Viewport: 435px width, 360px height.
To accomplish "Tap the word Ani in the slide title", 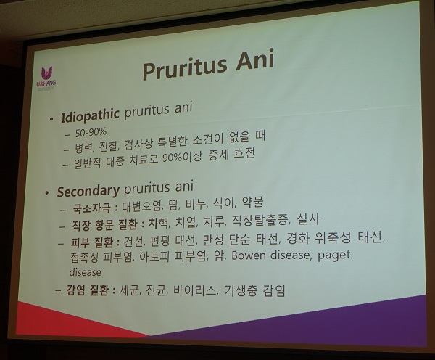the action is click(x=255, y=60).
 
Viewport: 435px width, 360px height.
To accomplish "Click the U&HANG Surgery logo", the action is click(x=46, y=78).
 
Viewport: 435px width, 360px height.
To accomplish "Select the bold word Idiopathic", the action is click(x=90, y=115).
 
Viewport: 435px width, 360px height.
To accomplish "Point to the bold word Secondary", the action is click(x=88, y=191).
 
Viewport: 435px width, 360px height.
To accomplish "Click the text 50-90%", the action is click(x=91, y=133).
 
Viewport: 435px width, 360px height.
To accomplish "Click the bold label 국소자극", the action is click(x=91, y=208).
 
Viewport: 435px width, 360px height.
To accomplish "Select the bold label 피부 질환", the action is click(x=92, y=243).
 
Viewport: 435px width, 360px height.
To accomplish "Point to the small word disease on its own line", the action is click(x=85, y=272).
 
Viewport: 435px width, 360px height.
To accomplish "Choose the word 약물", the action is click(x=252, y=202).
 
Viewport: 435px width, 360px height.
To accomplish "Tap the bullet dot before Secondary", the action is click(x=48, y=193).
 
